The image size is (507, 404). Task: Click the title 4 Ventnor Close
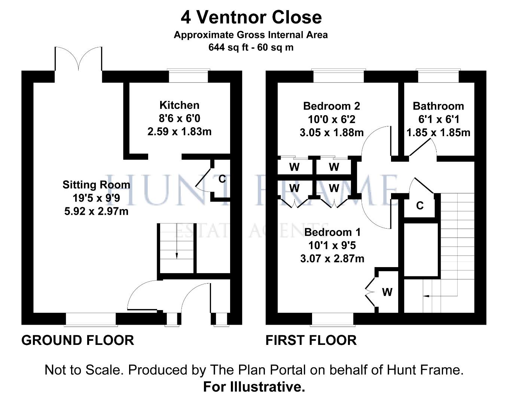251,17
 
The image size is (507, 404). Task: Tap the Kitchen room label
179,105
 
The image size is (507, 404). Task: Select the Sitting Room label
96,185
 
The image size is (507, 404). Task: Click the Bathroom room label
438,106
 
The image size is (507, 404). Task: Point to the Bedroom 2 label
332,106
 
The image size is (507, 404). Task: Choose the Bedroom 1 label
332,232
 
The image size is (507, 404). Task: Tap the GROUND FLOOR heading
78,340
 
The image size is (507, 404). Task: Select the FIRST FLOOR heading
311,340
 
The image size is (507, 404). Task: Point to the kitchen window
188,76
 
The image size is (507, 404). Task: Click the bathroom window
438,76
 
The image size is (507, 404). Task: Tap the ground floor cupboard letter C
222,179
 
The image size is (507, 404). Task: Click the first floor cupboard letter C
420,205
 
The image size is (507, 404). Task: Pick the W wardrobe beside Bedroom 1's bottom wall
387,292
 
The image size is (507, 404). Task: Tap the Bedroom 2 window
338,76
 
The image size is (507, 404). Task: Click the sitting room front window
91,319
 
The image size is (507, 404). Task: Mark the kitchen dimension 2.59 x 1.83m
179,132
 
